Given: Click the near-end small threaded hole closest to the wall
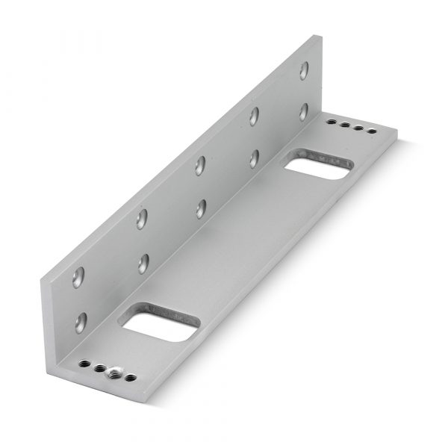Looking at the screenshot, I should pos(84,365).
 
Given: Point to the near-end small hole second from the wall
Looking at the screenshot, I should pos(99,367).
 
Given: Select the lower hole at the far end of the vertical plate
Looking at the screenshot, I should pos(304,111).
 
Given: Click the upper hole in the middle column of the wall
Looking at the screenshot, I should pos(200,164).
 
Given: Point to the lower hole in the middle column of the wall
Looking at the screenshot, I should pos(201,208).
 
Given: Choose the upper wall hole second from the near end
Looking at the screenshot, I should pos(141,219).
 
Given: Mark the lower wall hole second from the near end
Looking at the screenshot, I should pos(143,263).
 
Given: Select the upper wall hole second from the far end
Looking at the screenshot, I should pos(255,115).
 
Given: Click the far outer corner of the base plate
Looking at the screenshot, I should pos(396,135).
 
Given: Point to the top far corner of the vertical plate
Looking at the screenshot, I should pos(320,35).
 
